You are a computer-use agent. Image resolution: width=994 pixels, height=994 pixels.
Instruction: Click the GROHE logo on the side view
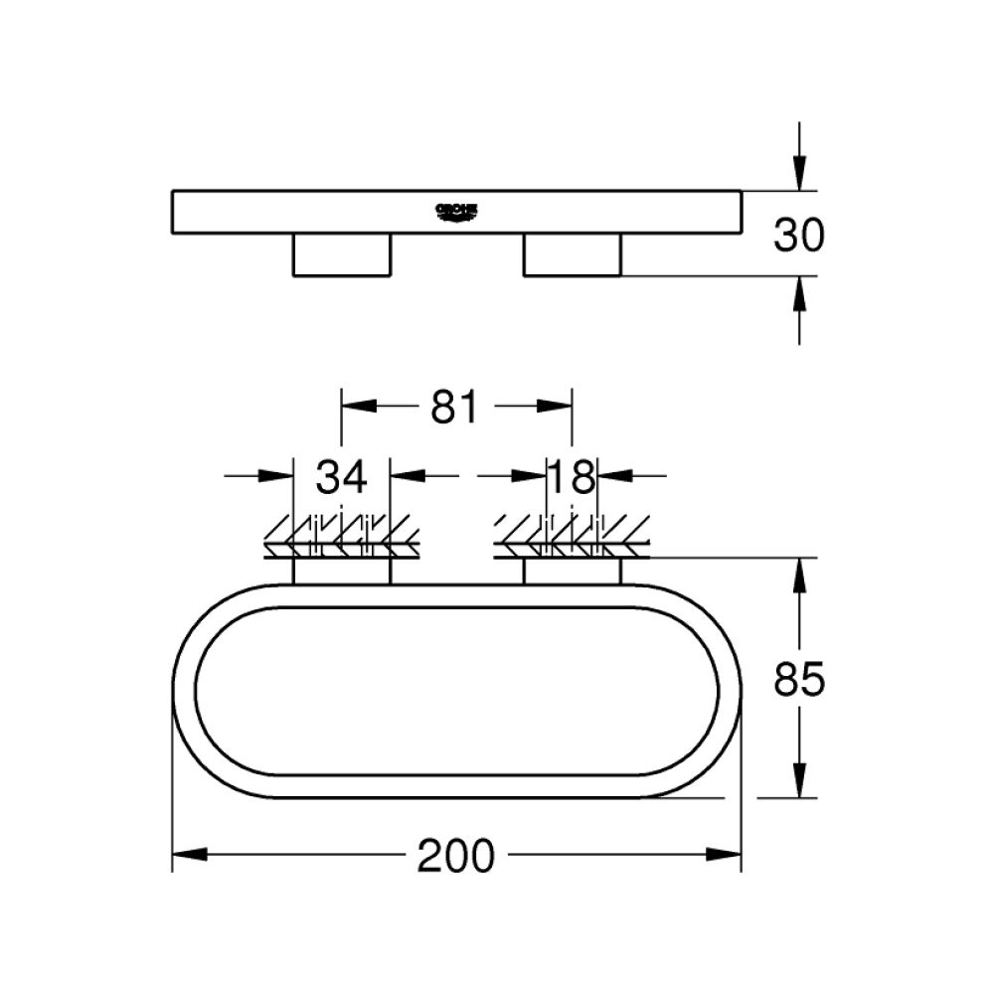coord(457,211)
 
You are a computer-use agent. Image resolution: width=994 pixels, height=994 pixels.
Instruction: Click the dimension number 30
coord(800,236)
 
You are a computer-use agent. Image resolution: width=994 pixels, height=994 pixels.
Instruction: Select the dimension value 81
coord(456,408)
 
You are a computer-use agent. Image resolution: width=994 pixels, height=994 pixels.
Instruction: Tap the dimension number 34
coord(342,478)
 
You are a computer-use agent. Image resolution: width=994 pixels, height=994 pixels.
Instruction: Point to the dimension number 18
coord(572,478)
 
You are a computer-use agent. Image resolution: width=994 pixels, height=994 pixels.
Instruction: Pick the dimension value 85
coord(800,681)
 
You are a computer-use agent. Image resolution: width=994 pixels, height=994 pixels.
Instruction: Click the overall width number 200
coord(456,856)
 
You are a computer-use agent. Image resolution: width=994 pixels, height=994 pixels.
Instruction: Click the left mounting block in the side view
coord(341,254)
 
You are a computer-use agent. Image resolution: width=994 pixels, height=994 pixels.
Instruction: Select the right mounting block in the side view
coord(572,254)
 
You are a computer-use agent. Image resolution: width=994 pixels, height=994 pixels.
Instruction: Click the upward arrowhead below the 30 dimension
coord(800,294)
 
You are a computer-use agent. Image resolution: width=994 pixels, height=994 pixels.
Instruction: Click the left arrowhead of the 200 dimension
coord(190,854)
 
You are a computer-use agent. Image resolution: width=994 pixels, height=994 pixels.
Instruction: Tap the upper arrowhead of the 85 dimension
coord(800,576)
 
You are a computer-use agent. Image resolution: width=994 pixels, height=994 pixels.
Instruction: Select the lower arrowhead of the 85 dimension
coord(800,779)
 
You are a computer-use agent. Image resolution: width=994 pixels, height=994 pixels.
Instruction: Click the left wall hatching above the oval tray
coord(342,537)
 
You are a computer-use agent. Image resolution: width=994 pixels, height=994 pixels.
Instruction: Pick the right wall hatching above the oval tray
coord(572,537)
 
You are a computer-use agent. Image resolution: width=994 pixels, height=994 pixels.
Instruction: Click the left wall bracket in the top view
coord(342,572)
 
